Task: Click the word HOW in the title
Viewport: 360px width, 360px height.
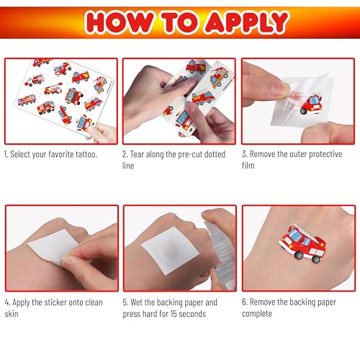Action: pyautogui.click(x=120, y=22)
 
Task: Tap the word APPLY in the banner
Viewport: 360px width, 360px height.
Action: pyautogui.click(x=247, y=22)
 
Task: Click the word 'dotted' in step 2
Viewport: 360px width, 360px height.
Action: pyautogui.click(x=215, y=154)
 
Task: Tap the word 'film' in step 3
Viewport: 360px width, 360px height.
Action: pyautogui.click(x=248, y=166)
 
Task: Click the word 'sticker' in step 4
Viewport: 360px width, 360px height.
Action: pyautogui.click(x=55, y=302)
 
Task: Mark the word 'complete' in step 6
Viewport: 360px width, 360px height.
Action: pyautogui.click(x=257, y=314)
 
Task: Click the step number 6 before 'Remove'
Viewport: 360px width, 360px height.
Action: pyautogui.click(x=244, y=302)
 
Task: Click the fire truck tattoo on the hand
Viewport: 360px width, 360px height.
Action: pyautogui.click(x=302, y=243)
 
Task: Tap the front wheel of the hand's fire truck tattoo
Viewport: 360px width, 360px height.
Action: pyautogui.click(x=299, y=255)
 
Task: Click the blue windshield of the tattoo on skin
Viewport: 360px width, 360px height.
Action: pyautogui.click(x=294, y=235)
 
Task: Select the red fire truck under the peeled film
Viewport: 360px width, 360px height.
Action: pyautogui.click(x=311, y=104)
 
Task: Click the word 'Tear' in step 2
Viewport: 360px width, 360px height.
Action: pyautogui.click(x=137, y=154)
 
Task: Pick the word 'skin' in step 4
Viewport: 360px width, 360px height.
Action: pyautogui.click(x=12, y=314)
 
